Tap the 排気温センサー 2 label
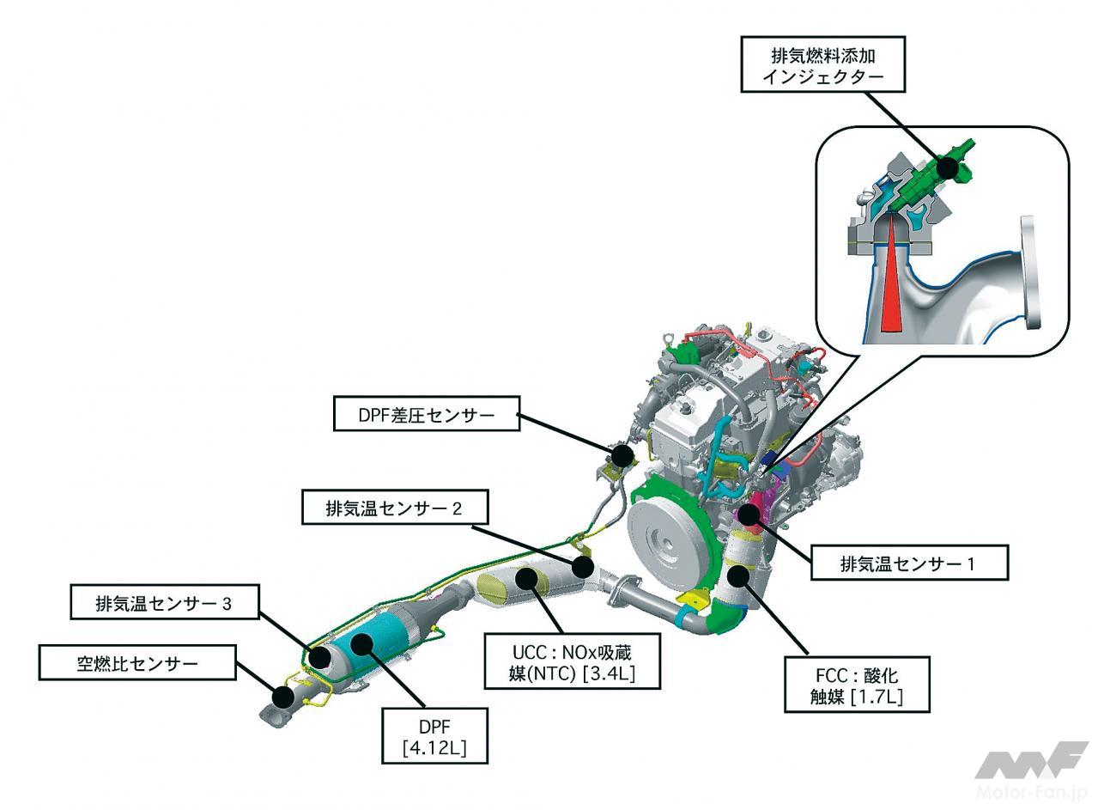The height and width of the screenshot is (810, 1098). click(x=394, y=508)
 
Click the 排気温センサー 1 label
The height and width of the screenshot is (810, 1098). click(x=908, y=564)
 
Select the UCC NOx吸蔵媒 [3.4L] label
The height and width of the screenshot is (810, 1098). click(x=572, y=661)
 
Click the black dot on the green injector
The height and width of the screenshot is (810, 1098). click(x=946, y=167)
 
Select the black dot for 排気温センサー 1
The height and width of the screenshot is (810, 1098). click(x=749, y=514)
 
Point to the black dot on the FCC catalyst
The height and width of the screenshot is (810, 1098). click(x=737, y=575)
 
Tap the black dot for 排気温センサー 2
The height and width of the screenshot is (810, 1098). click(x=583, y=566)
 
